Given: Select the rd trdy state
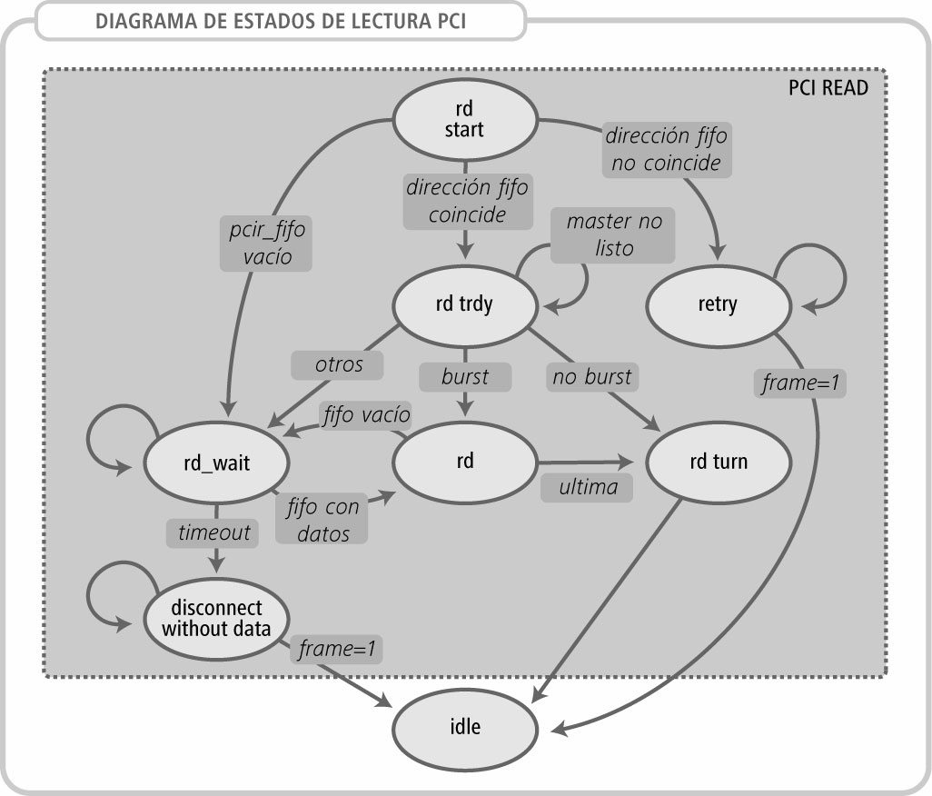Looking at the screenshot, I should tap(464, 303).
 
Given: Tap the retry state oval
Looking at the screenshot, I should tap(718, 303).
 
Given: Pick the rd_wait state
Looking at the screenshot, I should tap(216, 463).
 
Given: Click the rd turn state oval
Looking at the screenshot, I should tap(718, 462).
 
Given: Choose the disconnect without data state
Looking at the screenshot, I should tap(216, 617).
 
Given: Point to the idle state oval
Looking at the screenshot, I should tap(464, 727).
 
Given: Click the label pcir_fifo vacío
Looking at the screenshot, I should tap(266, 244).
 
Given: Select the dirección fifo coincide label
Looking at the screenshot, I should tap(466, 202).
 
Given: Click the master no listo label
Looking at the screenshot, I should tap(614, 234).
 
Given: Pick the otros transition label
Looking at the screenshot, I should tap(338, 364).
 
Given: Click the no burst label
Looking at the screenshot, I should tap(591, 375).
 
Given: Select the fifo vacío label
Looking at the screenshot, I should tap(365, 415).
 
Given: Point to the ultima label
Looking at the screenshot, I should tap(588, 487).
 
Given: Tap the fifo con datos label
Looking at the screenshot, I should tap(322, 520).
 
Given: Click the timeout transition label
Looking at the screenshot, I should tap(213, 532).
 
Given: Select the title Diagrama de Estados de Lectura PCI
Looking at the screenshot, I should tap(280, 21).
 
